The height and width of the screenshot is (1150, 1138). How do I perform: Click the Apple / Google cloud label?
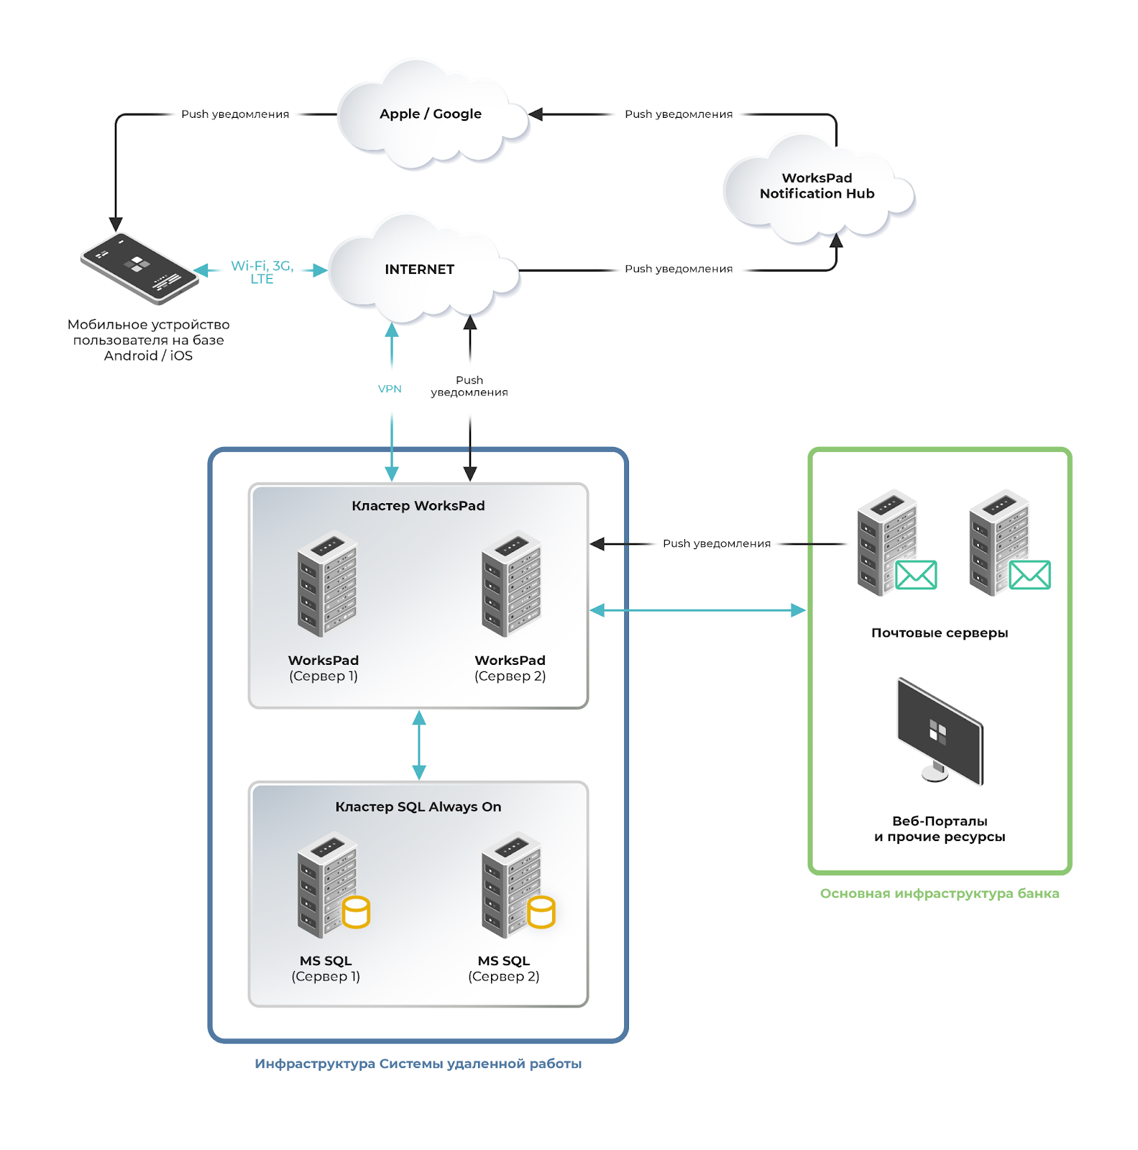431,114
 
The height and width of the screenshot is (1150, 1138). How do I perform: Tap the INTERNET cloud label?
419,270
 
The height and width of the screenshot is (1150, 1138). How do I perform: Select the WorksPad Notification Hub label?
817,186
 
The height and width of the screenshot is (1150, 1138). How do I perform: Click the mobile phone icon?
139,268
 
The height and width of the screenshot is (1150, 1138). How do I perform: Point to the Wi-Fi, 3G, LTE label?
262,272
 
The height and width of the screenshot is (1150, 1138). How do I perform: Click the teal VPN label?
390,389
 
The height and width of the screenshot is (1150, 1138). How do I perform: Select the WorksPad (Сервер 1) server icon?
327,584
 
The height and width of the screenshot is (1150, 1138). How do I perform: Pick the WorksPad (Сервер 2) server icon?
511,584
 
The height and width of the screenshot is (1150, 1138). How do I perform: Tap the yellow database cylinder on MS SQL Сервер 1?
356,912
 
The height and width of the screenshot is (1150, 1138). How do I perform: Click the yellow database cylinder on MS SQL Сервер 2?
541,912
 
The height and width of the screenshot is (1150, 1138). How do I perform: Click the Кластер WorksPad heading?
418,506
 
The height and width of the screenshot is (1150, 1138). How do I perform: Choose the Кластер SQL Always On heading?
418,807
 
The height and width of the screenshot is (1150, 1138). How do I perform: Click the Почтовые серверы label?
940,633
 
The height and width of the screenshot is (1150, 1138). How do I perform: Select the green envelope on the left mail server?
916,575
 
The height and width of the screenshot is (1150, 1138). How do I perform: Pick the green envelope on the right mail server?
1029,575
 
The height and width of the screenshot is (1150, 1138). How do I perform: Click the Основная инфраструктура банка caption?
940,894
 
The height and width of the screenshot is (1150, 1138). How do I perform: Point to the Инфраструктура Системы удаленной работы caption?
418,1064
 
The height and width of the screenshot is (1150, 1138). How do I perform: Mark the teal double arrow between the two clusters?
419,745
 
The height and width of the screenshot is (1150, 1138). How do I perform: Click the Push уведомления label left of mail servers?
716,544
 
